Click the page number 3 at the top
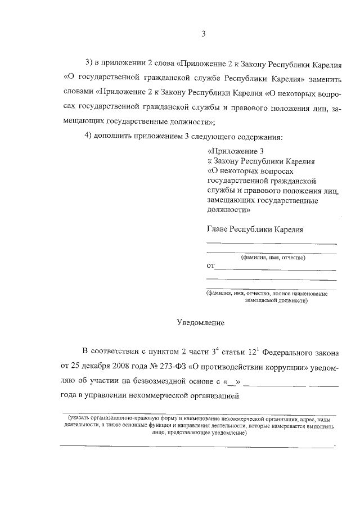click(x=204, y=34)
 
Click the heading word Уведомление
click(x=200, y=323)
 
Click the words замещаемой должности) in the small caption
click(x=276, y=300)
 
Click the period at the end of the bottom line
click(x=335, y=446)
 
